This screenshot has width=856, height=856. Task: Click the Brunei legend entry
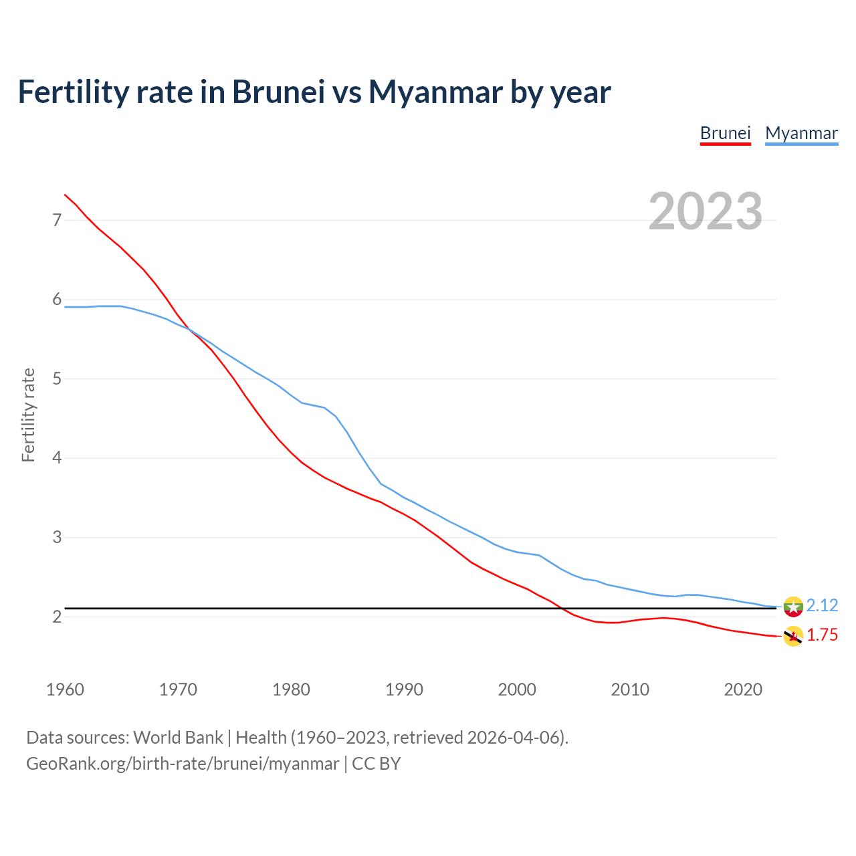point(725,133)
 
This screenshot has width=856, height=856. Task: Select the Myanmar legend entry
point(801,133)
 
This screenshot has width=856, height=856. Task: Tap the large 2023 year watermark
point(705,211)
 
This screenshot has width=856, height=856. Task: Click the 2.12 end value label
point(822,605)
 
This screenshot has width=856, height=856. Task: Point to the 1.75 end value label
point(822,635)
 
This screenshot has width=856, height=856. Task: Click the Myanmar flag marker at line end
point(793,606)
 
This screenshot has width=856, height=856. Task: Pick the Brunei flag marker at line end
point(793,636)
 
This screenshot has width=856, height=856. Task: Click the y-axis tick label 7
point(57,220)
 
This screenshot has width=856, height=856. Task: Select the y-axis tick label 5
point(57,379)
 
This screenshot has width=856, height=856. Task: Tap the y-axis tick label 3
point(57,538)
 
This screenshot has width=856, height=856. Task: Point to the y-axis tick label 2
point(57,617)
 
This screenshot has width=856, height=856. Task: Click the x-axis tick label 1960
point(65,689)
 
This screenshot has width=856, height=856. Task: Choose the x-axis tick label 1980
point(291,689)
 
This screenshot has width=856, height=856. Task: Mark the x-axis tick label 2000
point(517,689)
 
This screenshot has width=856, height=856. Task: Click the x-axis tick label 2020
point(743,689)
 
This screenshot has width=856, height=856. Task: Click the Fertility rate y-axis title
point(28,415)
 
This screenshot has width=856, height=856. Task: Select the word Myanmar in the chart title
point(435,92)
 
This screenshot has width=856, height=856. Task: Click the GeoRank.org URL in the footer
point(182,764)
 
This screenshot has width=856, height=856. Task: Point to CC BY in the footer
point(377,764)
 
